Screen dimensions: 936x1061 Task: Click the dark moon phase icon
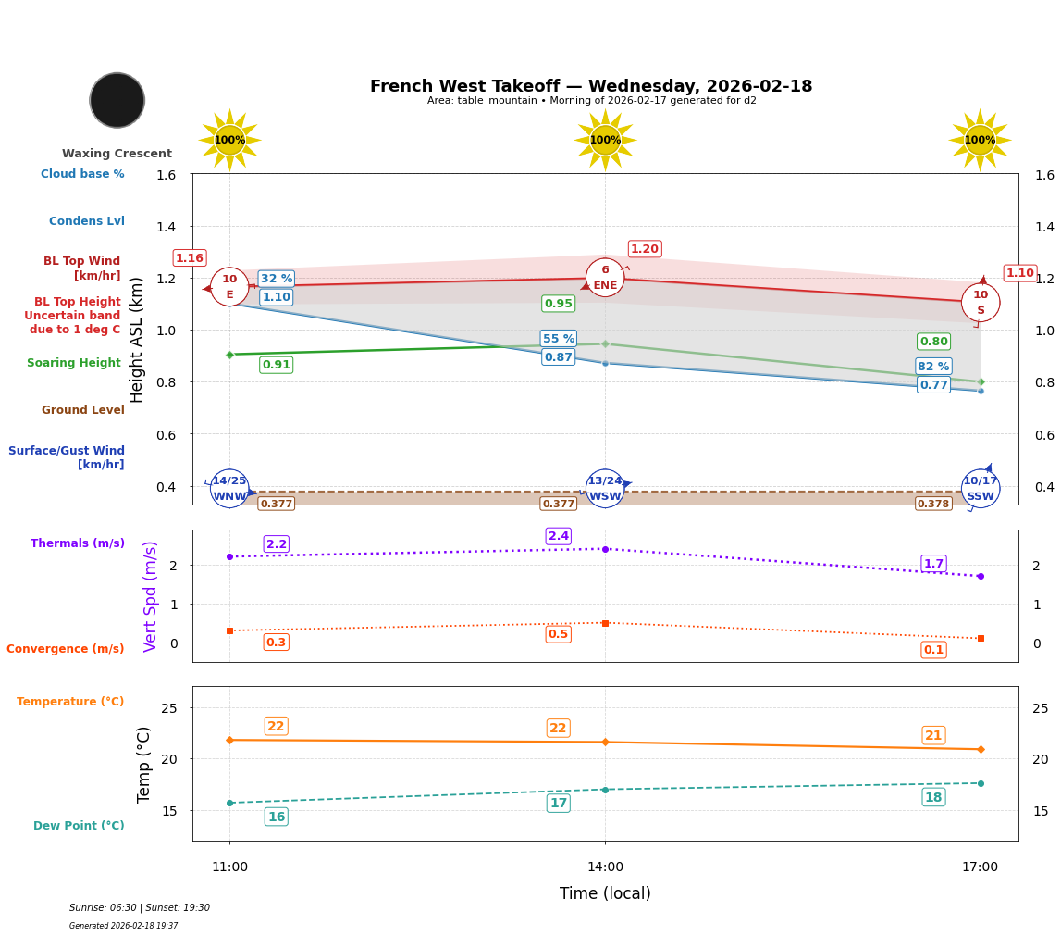[x=117, y=100]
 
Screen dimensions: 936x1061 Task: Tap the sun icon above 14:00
[x=605, y=140]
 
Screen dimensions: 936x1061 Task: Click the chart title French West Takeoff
[x=591, y=86]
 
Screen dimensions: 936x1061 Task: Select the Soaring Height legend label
[x=74, y=363]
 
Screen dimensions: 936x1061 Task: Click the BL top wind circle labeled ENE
[x=605, y=278]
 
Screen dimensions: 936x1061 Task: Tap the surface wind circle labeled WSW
[x=605, y=489]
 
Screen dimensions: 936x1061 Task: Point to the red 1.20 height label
[x=645, y=249]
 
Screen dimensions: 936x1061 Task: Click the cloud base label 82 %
[x=933, y=367]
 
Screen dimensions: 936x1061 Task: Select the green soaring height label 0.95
[x=558, y=304]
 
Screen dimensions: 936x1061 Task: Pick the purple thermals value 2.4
[x=559, y=536]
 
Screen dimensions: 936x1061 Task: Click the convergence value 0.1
[x=933, y=650]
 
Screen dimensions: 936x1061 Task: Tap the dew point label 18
[x=933, y=798]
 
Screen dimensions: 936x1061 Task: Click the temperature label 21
[x=933, y=736]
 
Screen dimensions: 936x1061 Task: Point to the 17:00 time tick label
[x=980, y=867]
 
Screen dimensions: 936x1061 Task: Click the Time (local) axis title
[x=605, y=893]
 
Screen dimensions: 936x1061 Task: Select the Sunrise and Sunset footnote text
[x=140, y=908]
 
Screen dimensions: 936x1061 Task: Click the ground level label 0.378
[x=932, y=504]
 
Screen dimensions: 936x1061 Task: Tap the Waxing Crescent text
[x=117, y=154]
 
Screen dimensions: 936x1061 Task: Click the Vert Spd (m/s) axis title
[x=151, y=596]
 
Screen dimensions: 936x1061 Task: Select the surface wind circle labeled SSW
[x=980, y=489]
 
